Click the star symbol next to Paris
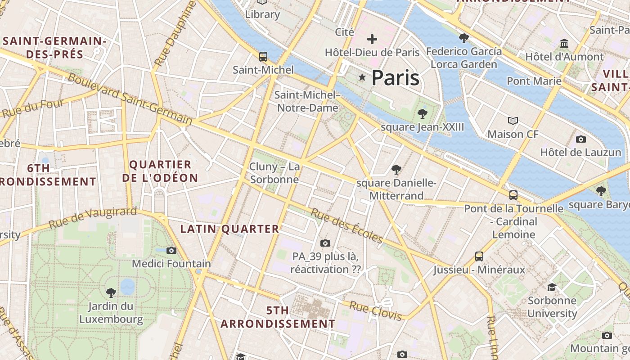click(x=362, y=77)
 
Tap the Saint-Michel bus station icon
click(x=263, y=57)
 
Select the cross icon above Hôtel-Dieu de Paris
click(x=372, y=39)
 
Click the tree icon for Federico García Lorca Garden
click(x=463, y=38)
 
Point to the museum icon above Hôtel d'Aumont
click(x=564, y=44)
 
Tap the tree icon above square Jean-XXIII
click(x=422, y=113)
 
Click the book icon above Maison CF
click(x=513, y=121)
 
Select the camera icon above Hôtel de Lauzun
click(x=580, y=139)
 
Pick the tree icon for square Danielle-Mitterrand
click(x=396, y=170)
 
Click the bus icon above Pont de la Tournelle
click(x=513, y=195)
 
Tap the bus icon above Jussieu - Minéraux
click(x=479, y=256)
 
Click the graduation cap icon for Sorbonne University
click(x=552, y=287)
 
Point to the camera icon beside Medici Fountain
click(x=171, y=250)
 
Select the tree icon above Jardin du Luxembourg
click(x=111, y=293)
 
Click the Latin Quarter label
click(x=229, y=229)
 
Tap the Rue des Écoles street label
click(x=346, y=226)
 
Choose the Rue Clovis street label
click(x=375, y=311)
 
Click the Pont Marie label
click(x=534, y=81)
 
